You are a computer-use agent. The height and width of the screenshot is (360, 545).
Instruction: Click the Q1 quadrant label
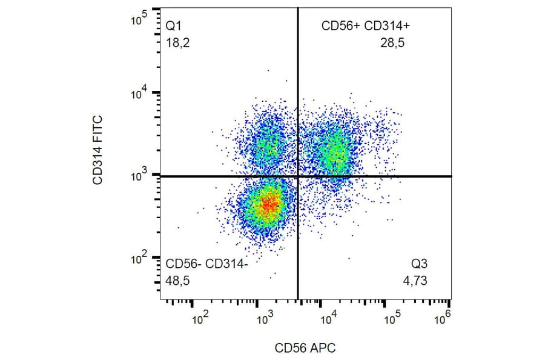(174, 26)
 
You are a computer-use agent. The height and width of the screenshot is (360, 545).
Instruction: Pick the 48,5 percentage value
(178, 280)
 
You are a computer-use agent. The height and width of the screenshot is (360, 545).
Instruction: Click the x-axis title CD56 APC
(305, 348)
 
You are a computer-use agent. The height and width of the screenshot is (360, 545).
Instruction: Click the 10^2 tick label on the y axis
(140, 259)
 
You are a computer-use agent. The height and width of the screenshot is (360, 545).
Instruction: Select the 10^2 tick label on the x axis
(201, 315)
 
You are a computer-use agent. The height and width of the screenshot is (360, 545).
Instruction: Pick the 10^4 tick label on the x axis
(329, 315)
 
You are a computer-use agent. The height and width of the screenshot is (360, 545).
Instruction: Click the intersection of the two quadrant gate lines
(297, 176)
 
